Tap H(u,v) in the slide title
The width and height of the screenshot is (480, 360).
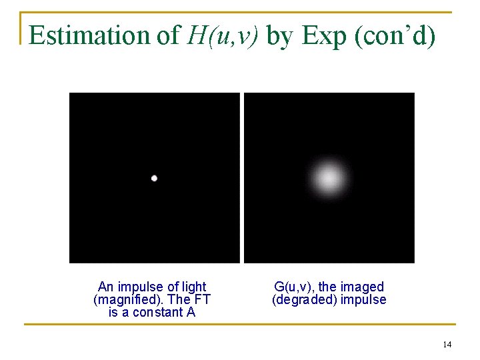(222, 35)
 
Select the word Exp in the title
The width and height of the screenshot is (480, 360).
(325, 35)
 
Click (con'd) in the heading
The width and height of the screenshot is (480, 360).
(396, 35)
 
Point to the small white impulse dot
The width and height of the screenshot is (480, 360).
(154, 178)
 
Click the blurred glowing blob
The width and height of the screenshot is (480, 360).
(329, 178)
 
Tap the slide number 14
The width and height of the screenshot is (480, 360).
(447, 344)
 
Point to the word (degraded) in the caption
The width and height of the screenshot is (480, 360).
(304, 299)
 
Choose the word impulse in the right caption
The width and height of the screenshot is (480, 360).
(363, 299)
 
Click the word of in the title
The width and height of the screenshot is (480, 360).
(167, 35)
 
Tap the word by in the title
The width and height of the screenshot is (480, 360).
(280, 35)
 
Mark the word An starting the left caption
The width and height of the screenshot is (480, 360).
(105, 287)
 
